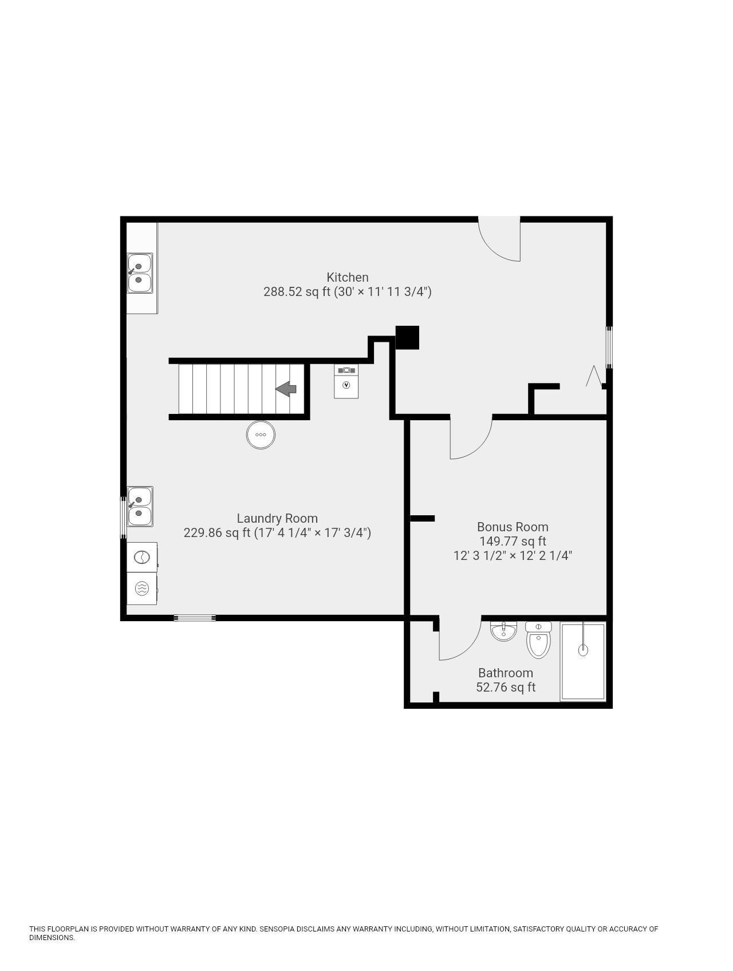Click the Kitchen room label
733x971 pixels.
[347, 277]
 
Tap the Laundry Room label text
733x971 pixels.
[277, 519]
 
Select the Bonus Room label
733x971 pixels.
[513, 527]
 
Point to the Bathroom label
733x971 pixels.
[505, 673]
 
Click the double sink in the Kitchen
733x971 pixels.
[140, 273]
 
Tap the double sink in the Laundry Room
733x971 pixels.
[140, 506]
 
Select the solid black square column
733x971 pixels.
[407, 337]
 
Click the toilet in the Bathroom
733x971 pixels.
[538, 640]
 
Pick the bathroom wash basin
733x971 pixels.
[503, 631]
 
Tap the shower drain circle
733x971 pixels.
[583, 650]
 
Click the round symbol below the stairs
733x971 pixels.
[261, 435]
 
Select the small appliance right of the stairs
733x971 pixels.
[346, 381]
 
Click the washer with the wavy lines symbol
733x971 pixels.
[141, 588]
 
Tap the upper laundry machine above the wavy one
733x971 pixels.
[141, 557]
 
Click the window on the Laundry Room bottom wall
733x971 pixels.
[195, 618]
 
